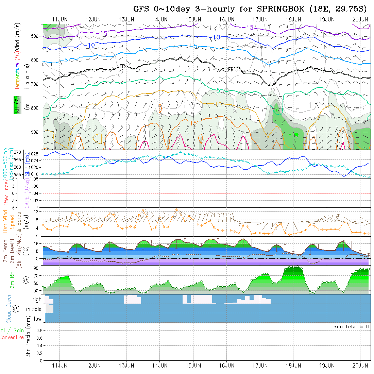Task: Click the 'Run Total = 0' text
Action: click(351, 326)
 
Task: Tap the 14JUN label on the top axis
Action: click(159, 19)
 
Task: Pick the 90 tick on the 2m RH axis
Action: click(35, 268)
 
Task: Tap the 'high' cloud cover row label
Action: click(36, 300)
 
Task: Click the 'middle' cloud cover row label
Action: click(34, 309)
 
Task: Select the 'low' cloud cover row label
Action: click(37, 319)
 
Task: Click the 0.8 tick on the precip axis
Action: click(39, 330)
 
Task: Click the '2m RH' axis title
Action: click(12, 279)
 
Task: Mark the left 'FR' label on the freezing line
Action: click(123, 66)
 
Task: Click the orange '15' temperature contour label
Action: click(193, 123)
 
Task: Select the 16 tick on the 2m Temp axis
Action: click(37, 243)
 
